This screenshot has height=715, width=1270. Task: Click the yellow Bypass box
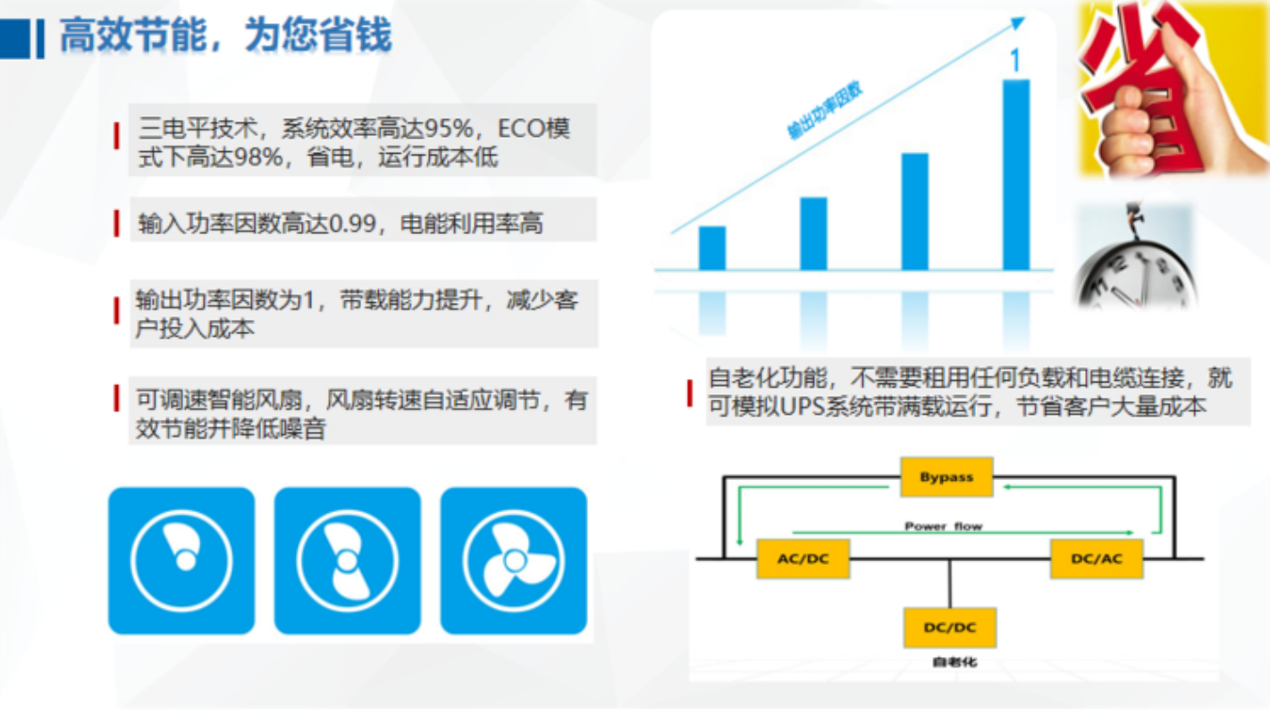(946, 477)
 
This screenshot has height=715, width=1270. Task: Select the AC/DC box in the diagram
(803, 559)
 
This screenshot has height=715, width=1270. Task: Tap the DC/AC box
(1097, 559)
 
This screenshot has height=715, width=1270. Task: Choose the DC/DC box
(950, 627)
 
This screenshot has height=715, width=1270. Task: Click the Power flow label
(943, 526)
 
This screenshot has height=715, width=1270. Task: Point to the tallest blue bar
(1016, 174)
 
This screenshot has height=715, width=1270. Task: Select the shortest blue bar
(712, 248)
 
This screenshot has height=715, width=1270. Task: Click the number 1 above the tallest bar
(1015, 60)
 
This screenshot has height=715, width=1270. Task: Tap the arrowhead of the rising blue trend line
(1018, 23)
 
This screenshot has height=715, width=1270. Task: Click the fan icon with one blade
(181, 560)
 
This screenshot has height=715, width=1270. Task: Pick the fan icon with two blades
(348, 560)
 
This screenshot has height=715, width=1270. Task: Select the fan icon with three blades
(514, 560)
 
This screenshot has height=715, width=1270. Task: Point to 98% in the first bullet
(258, 156)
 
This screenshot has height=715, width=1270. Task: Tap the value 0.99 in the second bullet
(353, 223)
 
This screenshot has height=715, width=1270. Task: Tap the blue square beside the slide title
(14, 38)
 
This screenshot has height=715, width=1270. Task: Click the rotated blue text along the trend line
(825, 111)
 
